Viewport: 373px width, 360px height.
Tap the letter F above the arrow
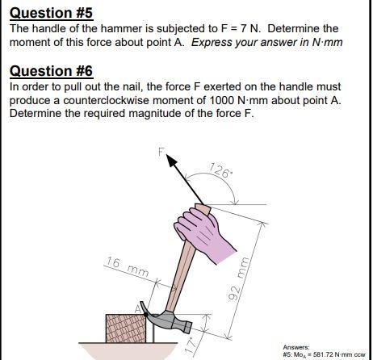click(x=161, y=150)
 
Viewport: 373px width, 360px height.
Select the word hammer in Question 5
click(x=105, y=28)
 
